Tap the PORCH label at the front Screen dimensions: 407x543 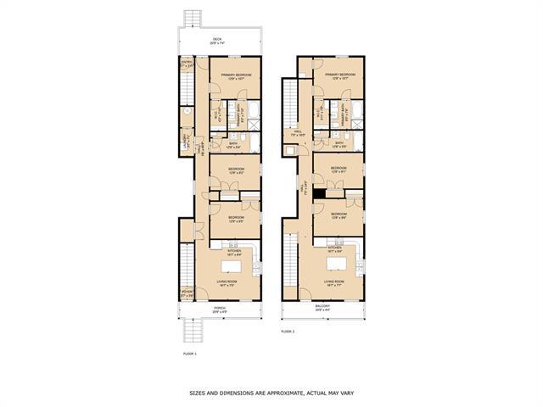219,309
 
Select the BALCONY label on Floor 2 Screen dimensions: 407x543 322,309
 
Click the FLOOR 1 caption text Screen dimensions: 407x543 189,352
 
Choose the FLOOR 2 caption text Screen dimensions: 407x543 288,332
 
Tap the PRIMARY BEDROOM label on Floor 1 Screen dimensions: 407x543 233,75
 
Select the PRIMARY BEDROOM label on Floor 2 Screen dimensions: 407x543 339,75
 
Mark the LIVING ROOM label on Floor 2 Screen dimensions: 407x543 334,282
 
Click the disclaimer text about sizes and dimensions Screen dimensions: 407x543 271,393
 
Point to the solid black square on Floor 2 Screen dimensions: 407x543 318,193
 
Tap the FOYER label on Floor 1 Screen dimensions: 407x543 187,293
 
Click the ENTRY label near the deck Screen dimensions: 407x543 187,63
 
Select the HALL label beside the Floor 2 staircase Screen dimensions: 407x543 298,132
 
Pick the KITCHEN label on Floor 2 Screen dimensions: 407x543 334,248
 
